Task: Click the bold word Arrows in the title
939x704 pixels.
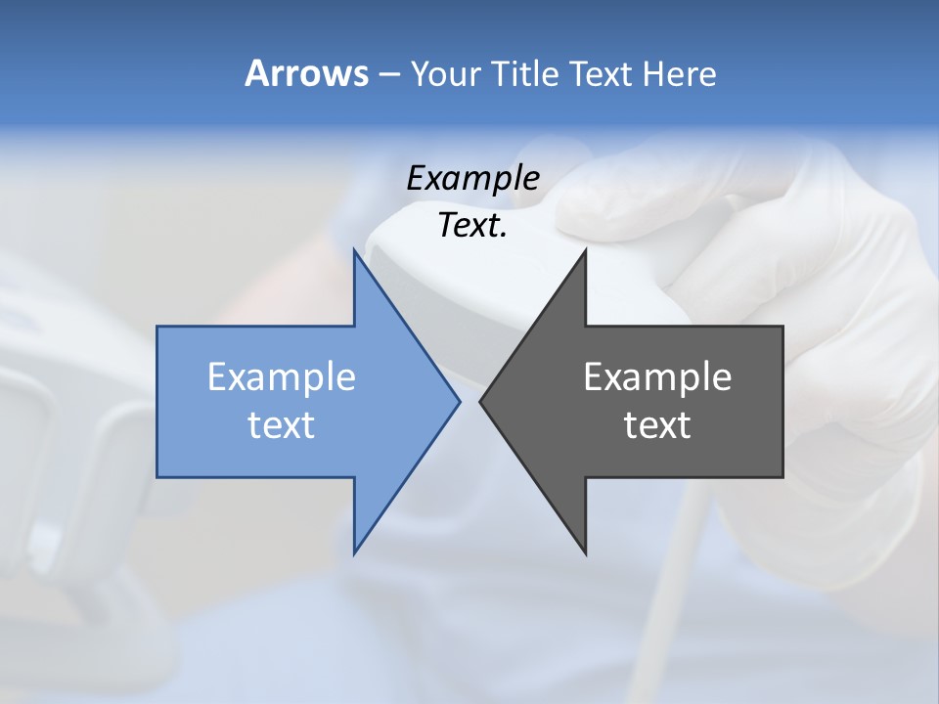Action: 305,73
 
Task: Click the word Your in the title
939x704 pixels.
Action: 445,74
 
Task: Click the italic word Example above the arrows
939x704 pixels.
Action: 472,179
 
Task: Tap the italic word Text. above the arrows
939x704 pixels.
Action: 472,226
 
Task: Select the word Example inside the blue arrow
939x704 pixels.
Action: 282,377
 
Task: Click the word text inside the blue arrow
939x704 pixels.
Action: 282,425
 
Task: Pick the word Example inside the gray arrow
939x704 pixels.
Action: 657,377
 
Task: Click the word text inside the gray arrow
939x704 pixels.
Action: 657,425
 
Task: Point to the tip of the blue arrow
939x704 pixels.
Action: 459,401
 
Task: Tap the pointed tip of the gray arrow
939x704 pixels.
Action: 481,401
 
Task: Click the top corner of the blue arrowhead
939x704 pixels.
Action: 354,250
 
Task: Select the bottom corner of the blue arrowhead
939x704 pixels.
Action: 354,552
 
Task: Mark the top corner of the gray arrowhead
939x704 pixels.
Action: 585,250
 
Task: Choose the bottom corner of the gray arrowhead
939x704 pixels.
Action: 585,552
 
